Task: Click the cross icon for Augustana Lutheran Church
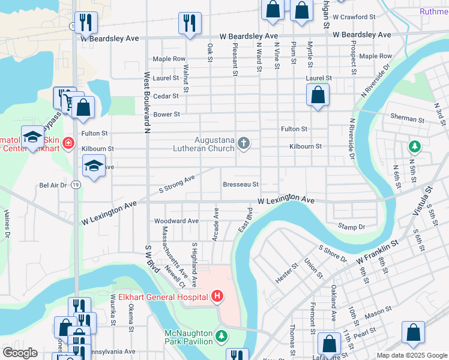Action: click(x=243, y=143)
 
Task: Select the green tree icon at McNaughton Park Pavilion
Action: click(x=221, y=334)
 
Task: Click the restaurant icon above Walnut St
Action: click(x=190, y=23)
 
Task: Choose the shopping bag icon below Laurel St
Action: click(x=318, y=94)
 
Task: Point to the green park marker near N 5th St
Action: click(x=414, y=146)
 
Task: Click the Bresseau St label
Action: click(x=240, y=185)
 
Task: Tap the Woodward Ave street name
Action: click(x=176, y=221)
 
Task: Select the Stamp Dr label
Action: click(x=351, y=227)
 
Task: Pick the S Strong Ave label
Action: click(x=177, y=185)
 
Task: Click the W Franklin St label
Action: click(x=377, y=251)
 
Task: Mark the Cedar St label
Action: click(x=166, y=96)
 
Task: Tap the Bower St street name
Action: click(x=167, y=114)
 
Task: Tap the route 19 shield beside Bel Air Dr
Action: click(x=76, y=185)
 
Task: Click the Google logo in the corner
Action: click(x=20, y=353)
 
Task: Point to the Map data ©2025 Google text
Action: click(x=411, y=355)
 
